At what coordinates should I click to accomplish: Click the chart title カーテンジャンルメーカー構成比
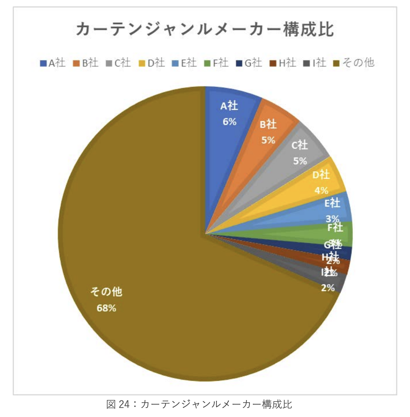click(205, 31)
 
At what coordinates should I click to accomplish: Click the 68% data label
click(106, 308)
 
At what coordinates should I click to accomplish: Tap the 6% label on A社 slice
click(229, 122)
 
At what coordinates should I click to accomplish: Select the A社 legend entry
click(53, 63)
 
